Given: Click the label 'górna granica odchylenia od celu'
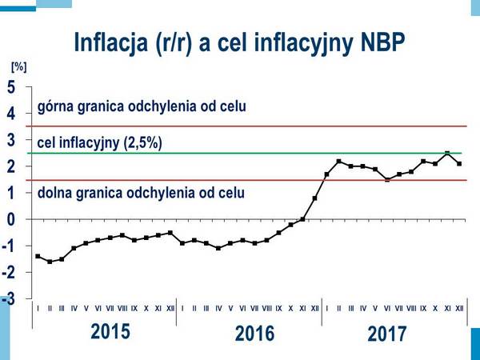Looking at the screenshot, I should tap(142, 106).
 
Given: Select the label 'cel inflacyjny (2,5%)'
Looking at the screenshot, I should tap(100, 143).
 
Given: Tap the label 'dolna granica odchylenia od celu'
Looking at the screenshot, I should tap(141, 193).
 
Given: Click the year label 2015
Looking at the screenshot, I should tap(110, 332).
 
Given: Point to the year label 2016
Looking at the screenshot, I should tap(254, 334).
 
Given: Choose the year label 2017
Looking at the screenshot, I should tap(387, 334).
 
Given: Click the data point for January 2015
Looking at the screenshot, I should tap(38, 256).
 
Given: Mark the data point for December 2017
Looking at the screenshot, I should tap(459, 164).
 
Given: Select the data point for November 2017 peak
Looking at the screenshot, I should tap(447, 153).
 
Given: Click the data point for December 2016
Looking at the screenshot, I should tap(314, 198).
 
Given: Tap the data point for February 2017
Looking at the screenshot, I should tap(338, 162).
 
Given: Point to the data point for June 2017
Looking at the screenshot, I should tap(387, 180).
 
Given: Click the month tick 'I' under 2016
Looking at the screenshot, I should tap(183, 307).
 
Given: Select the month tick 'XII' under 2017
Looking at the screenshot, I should tap(459, 307).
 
